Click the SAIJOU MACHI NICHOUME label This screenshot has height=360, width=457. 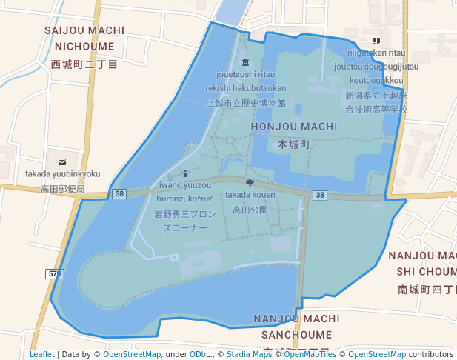coord(84,38)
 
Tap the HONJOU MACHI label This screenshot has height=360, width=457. coord(294,127)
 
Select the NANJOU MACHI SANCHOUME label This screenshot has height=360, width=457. coord(296,326)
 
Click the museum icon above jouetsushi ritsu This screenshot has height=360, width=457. coord(246,61)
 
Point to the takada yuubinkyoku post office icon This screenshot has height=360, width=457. coord(62,161)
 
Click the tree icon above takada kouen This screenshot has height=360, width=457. coord(249,182)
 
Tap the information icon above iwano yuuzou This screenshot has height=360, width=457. coord(185,173)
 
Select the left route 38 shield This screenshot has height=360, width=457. coord(120,194)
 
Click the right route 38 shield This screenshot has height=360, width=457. coord(319,196)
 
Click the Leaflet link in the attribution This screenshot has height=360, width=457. coord(41,354)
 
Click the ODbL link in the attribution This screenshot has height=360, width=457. coord(199,354)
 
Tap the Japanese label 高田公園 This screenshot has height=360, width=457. coord(250,210)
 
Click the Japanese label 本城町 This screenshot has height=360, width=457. coord(294,144)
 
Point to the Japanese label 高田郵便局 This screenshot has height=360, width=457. coord(63,190)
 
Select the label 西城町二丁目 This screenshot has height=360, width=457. coord(84,65)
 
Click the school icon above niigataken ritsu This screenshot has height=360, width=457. coord(376,41)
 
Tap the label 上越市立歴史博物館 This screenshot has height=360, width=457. coord(246,104)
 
